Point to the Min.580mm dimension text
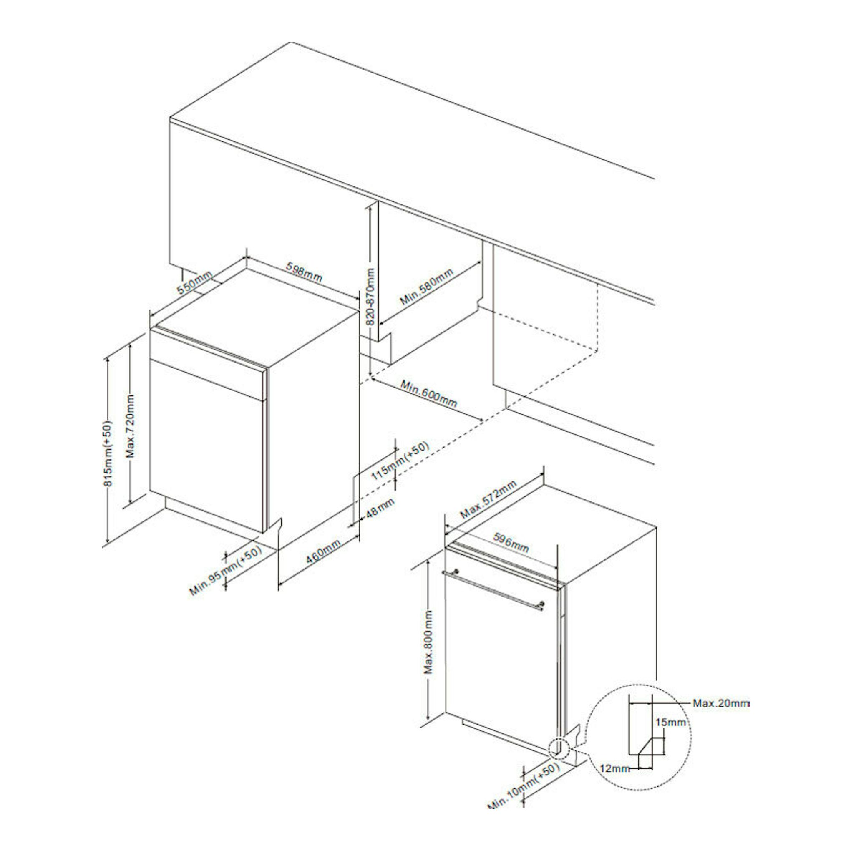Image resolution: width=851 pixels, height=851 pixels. [x=426, y=286]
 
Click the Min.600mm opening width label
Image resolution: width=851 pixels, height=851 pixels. [x=428, y=393]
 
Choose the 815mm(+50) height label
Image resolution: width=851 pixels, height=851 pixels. [x=108, y=454]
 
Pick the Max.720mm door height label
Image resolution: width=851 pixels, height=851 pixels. [x=131, y=426]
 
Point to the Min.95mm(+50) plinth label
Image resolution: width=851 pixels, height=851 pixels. [x=226, y=570]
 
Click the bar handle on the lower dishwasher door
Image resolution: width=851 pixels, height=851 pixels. [x=493, y=588]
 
